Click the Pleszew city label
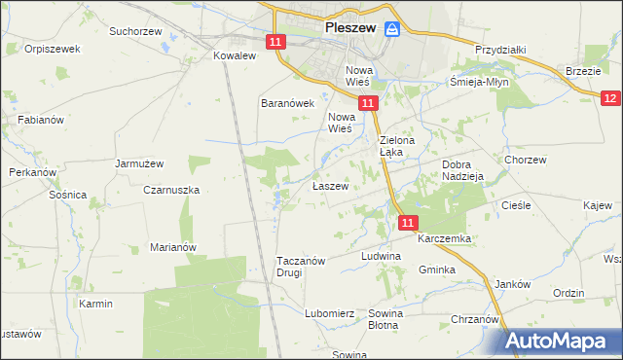pyautogui.click(x=350, y=29)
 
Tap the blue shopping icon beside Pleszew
pyautogui.click(x=392, y=30)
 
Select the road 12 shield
pyautogui.click(x=610, y=98)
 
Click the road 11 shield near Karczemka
pyautogui.click(x=409, y=223)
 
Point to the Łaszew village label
pyautogui.click(x=330, y=186)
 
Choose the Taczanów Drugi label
pyautogui.click(x=303, y=267)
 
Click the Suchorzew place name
pyautogui.click(x=134, y=31)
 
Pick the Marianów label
pyautogui.click(x=173, y=247)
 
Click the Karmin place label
pyautogui.click(x=96, y=304)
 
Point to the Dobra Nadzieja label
pyautogui.click(x=463, y=170)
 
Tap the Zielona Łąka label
pyautogui.click(x=397, y=146)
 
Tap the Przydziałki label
pyautogui.click(x=500, y=50)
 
